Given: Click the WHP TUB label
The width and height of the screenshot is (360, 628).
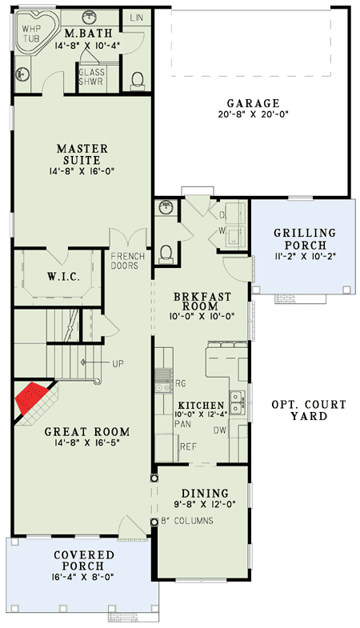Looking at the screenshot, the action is coord(31,34).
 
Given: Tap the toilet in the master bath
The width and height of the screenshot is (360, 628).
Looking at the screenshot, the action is coord(137,79).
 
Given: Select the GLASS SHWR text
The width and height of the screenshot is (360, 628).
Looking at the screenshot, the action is coord(91,77).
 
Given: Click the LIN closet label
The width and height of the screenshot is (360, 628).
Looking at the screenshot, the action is coord(137,18).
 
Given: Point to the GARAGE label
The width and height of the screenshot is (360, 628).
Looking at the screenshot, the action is coord(253,104).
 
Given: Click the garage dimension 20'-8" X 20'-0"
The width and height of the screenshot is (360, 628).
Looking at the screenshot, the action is coord(253,115).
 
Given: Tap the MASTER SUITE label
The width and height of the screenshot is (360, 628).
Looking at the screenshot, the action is coord(82,154).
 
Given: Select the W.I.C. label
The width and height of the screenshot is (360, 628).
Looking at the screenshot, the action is coord(63,276).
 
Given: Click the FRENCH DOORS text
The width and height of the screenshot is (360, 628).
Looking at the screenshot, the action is coord(127,261).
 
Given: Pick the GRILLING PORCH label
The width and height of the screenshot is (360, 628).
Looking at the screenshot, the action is coord(305,238).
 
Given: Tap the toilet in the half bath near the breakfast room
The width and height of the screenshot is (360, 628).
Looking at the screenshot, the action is coord(166,254).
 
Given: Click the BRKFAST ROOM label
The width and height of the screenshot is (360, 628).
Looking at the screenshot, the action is coord(202,302).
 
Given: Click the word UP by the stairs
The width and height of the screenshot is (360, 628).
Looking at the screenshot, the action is coord(118,364).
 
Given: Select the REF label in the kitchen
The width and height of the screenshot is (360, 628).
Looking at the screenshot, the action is coord(188,446).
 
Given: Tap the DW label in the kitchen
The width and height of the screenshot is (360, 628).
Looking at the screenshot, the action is coord(220,430).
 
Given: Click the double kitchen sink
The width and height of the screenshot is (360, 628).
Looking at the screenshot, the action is coord(238,402).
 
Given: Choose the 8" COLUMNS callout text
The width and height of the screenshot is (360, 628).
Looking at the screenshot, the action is coord(187,521).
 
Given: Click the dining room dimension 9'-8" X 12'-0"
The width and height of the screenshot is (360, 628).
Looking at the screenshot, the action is coord(205,504).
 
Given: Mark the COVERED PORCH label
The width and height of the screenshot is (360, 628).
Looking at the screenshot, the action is coord(84,560).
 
